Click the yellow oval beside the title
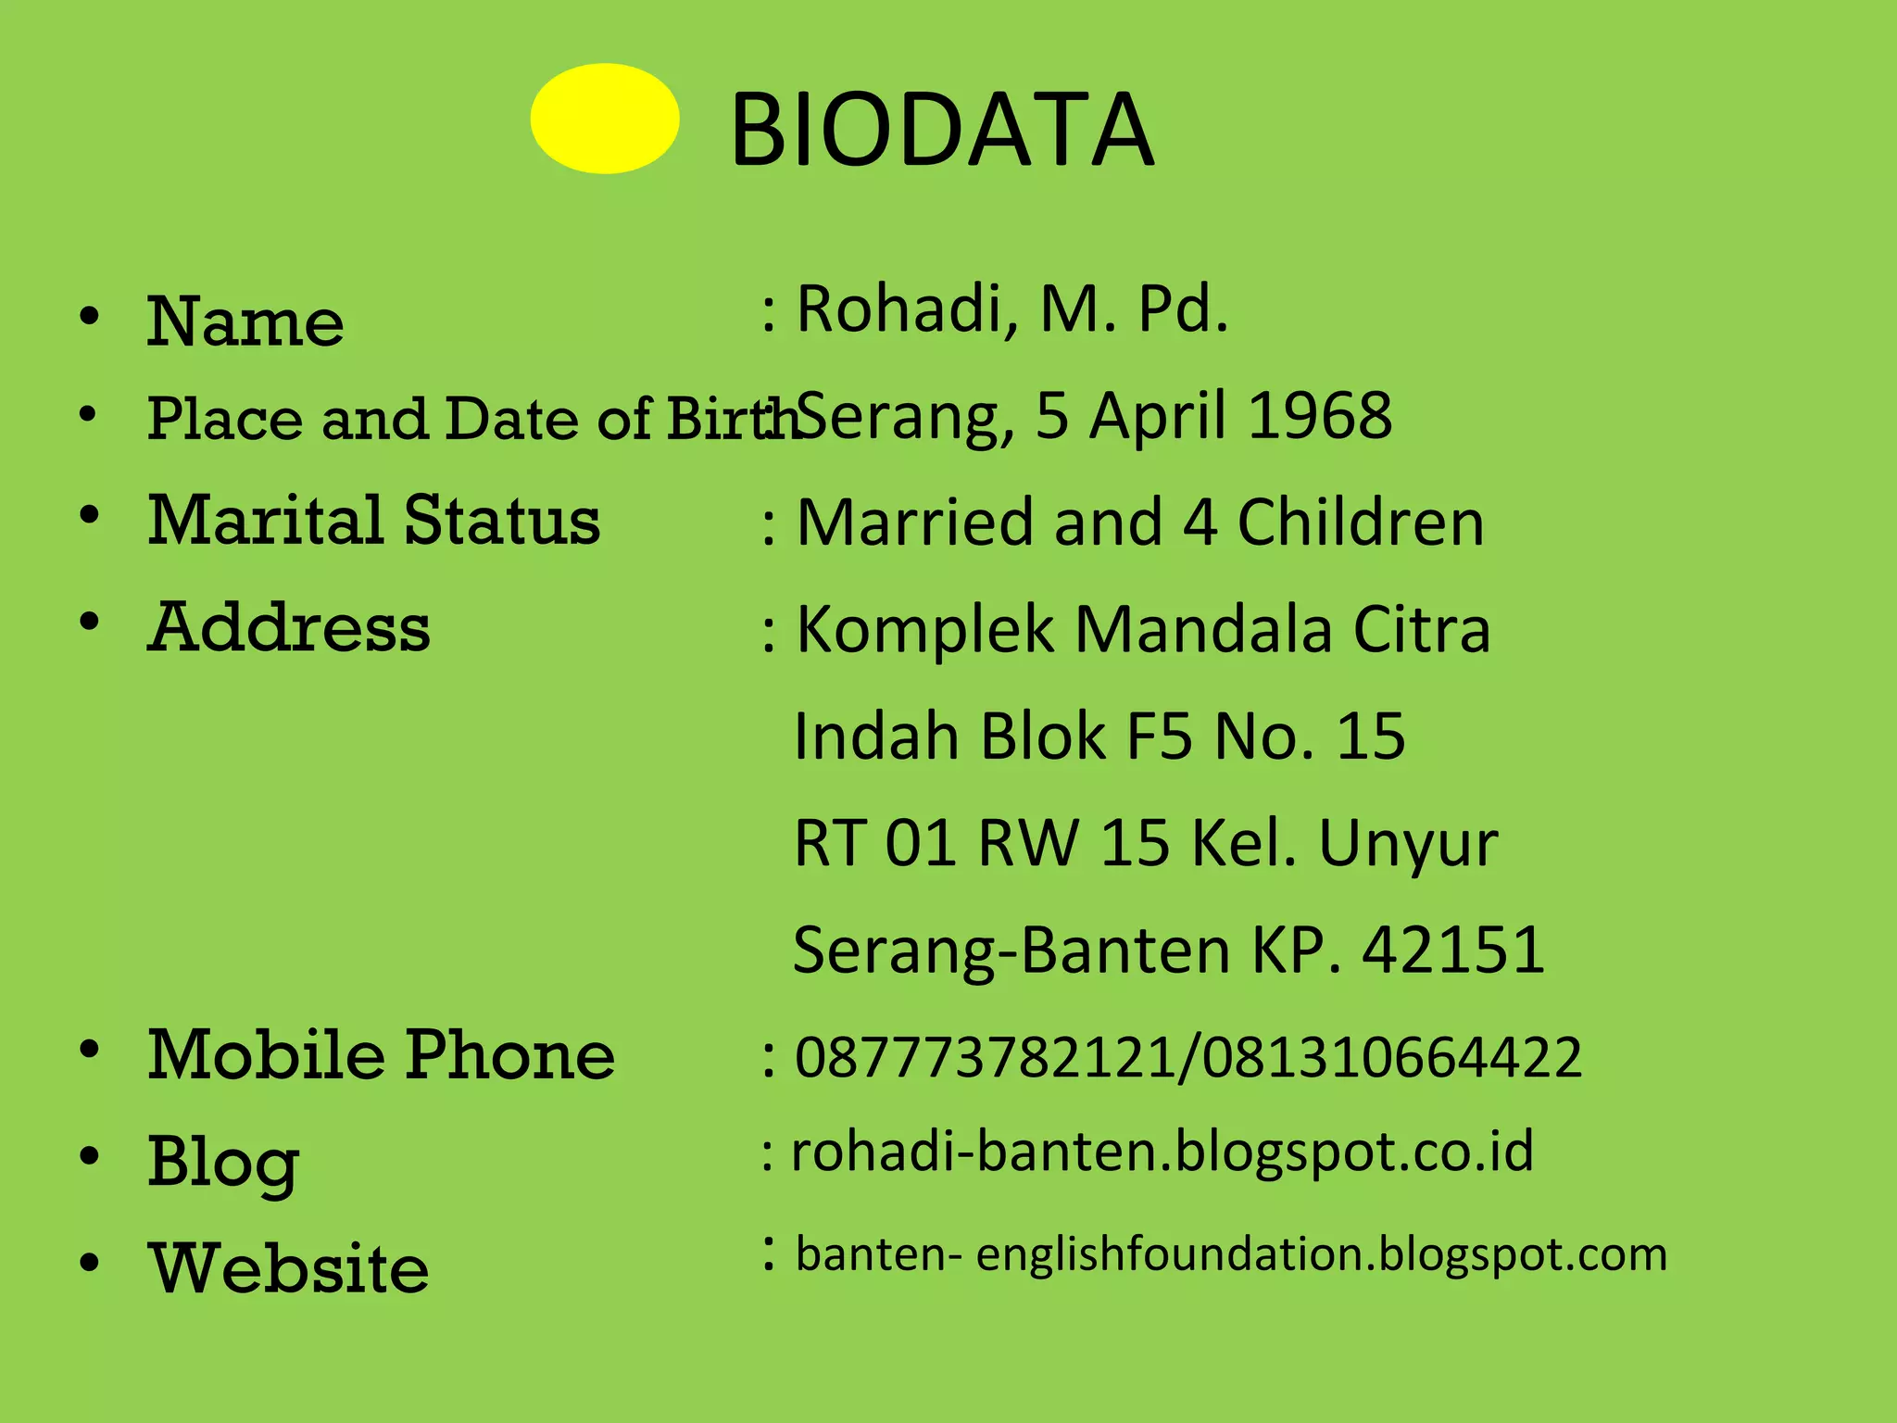coord(605,119)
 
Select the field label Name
coord(245,321)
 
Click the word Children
coord(1361,523)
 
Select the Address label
coord(289,627)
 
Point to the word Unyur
coord(1408,845)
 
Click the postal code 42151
coord(1453,951)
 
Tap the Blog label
coord(223,1162)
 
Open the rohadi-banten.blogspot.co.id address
coord(1162,1152)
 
